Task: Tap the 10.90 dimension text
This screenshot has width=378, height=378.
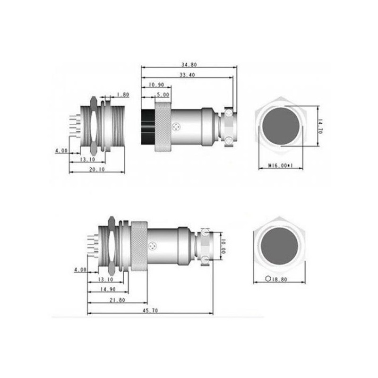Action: point(156,85)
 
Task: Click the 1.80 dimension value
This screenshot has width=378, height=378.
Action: point(123,95)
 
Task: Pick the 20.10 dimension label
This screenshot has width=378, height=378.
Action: point(97,169)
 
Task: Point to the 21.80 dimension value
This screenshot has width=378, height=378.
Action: point(117,300)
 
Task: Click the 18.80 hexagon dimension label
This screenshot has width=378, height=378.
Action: point(281,279)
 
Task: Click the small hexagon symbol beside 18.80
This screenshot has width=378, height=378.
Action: point(268,279)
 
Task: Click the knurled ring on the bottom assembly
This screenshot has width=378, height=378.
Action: point(139,246)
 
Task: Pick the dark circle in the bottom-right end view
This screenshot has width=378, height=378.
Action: point(279,246)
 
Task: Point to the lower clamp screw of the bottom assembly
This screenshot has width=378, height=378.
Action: point(206,260)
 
